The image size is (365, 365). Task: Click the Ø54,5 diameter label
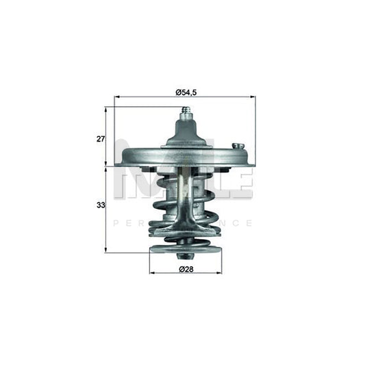tap(184, 92)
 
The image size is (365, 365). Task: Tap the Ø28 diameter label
tap(185, 269)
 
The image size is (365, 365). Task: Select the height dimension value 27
tap(101, 138)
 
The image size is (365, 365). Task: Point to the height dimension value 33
tap(100, 204)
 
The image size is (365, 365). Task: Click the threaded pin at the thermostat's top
tap(184, 113)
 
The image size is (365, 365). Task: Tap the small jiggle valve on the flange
tap(238, 146)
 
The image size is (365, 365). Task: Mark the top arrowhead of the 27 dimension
tap(106, 109)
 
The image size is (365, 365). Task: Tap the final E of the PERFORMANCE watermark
tap(249, 223)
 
